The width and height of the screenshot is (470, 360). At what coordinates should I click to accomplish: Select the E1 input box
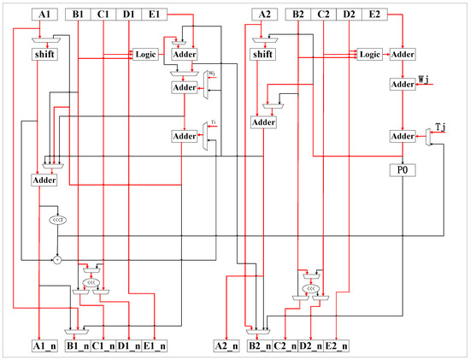click(154, 15)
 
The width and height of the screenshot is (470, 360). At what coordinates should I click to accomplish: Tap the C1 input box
click(103, 15)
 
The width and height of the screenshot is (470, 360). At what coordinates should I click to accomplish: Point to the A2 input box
click(263, 15)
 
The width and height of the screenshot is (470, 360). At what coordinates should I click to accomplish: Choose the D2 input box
click(350, 15)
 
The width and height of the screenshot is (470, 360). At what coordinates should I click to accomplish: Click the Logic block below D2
click(369, 55)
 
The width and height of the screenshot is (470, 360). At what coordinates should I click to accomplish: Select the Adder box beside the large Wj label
click(402, 85)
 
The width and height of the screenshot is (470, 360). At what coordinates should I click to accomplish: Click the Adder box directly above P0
click(402, 137)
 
